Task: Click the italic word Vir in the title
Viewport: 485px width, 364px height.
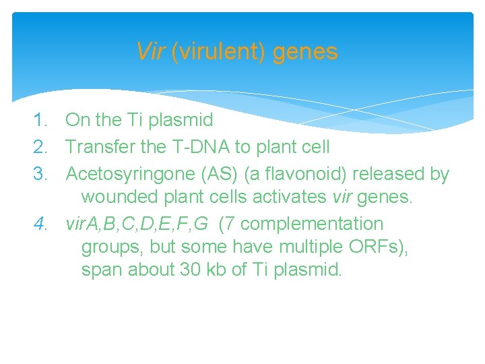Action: coord(151,52)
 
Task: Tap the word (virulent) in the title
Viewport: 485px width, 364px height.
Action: coord(219,52)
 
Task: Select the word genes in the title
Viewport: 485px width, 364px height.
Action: coord(306,52)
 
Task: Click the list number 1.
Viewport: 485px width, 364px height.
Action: coord(43,121)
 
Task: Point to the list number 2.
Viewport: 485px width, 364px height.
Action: coord(43,146)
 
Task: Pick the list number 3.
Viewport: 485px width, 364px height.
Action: coord(43,173)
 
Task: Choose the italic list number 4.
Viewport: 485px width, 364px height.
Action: coord(43,223)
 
